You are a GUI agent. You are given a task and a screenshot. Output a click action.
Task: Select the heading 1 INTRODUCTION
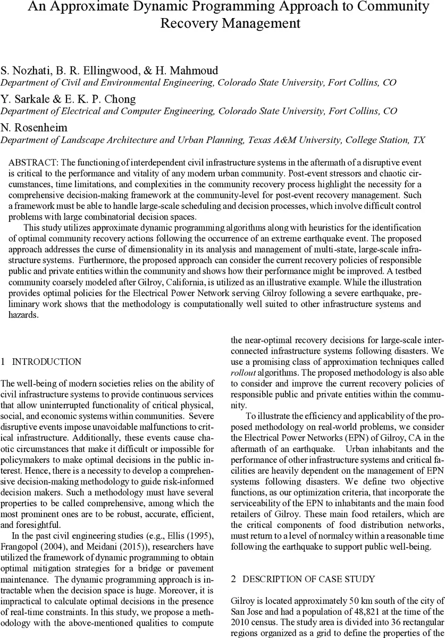click(41, 362)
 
